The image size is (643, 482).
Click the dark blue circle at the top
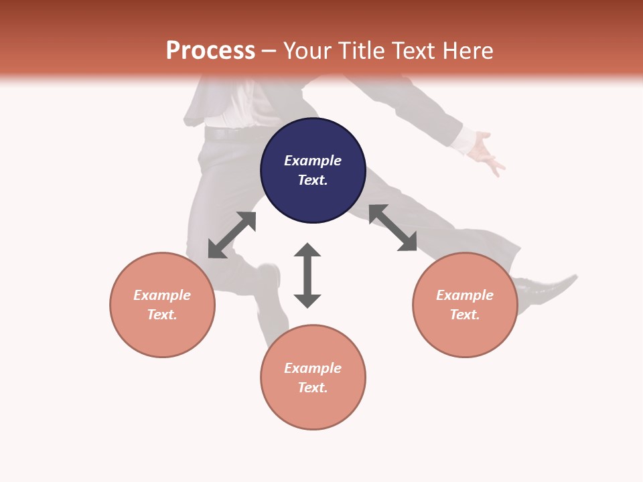point(313,170)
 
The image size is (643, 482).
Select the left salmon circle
point(162,305)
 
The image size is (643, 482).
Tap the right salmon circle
point(465,305)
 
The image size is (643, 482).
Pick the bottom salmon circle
point(313,378)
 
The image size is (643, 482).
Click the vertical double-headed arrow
point(307,275)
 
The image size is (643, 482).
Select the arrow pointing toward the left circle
point(232,235)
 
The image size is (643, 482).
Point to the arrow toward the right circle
point(392,228)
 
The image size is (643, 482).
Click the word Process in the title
point(210,50)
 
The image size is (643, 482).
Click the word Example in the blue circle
point(313,161)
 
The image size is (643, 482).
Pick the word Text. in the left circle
point(162,315)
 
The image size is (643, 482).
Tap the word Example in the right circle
point(465,295)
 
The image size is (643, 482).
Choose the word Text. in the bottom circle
point(313,388)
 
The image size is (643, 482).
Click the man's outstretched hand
point(488,153)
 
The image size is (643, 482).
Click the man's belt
point(228,134)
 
